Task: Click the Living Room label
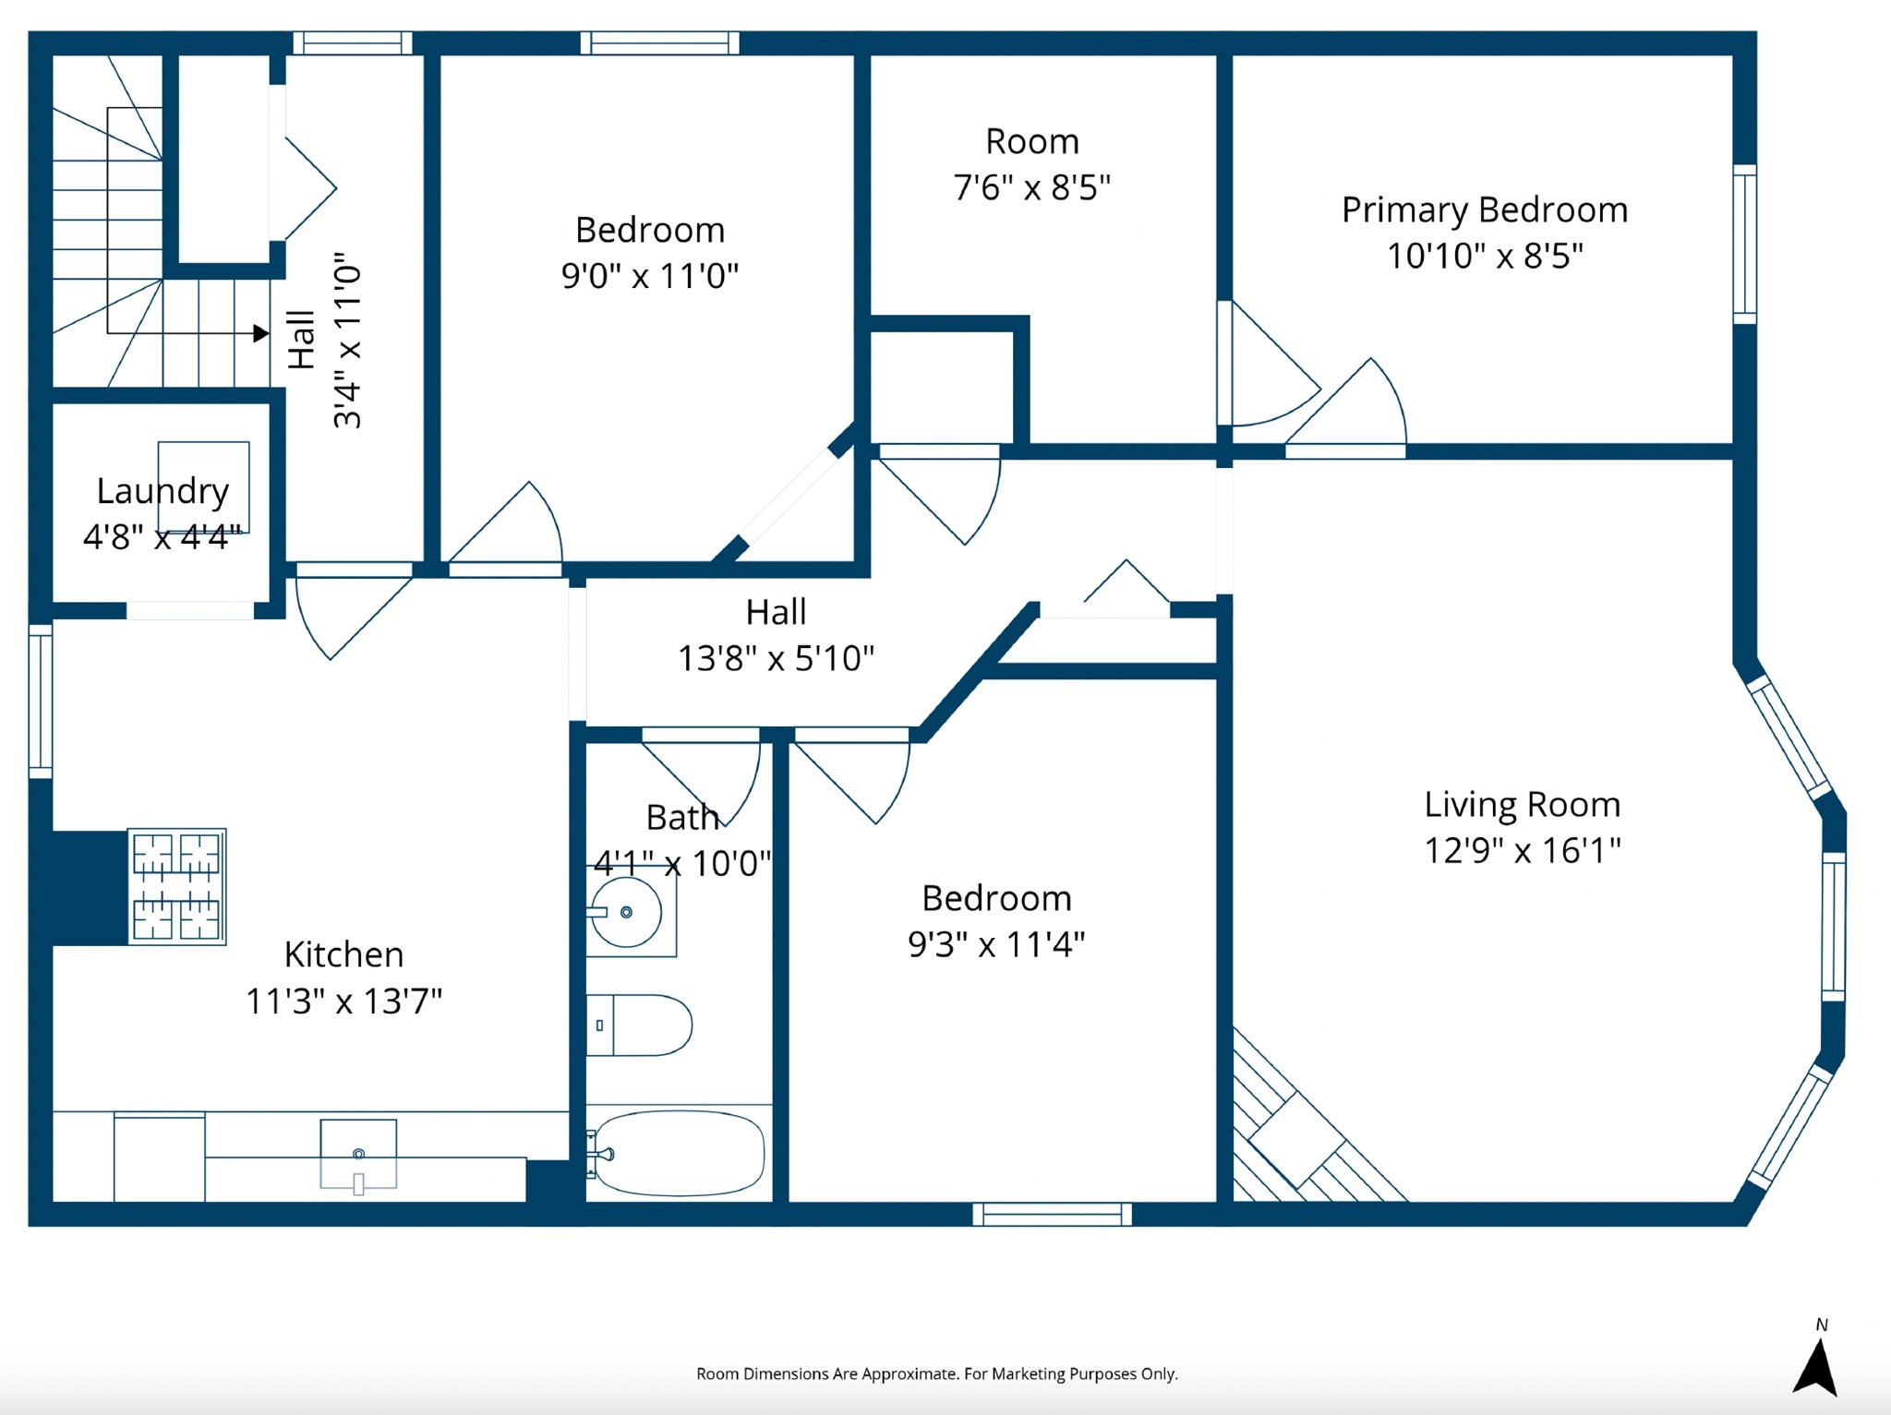point(1522,805)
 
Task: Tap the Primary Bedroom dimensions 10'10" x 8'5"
point(1484,256)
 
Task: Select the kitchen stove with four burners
point(176,886)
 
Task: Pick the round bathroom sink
point(627,912)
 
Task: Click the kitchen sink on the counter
point(358,1155)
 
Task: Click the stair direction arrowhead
point(261,333)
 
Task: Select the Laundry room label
point(163,491)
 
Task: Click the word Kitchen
point(343,954)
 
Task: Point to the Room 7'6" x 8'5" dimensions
point(1031,187)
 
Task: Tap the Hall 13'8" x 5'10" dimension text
point(776,658)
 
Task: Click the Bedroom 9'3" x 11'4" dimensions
point(996,944)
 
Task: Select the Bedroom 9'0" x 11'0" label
point(650,230)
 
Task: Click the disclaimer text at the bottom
point(936,1373)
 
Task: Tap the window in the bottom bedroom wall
point(1052,1214)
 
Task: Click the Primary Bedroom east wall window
point(1744,245)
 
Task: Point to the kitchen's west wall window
point(41,702)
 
